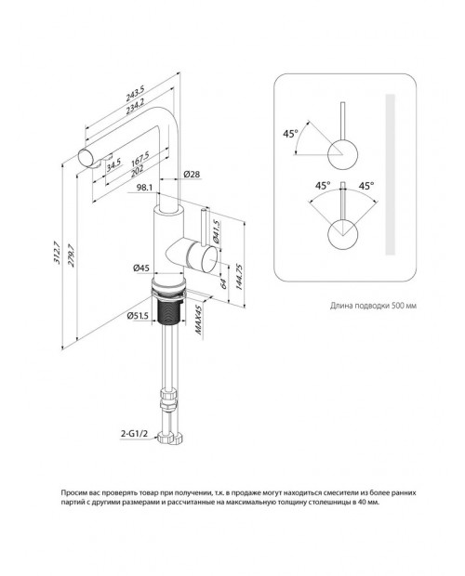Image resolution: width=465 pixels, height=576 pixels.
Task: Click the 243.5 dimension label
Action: (136, 93)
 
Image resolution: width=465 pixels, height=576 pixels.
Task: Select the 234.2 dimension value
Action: (135, 106)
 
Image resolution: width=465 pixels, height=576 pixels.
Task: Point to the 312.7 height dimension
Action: (57, 253)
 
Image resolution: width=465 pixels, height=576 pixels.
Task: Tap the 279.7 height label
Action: (71, 255)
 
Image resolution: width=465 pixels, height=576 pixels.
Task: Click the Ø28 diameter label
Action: (192, 174)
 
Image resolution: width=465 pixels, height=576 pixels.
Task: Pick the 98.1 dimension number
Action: (144, 188)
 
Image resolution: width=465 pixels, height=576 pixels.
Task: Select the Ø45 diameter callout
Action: (141, 268)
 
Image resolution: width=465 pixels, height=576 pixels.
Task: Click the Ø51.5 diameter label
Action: (138, 316)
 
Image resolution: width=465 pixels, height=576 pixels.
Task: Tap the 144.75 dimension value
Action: (239, 277)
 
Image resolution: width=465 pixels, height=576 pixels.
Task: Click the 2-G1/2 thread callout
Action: (134, 434)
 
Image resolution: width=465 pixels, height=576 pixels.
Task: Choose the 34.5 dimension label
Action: (114, 165)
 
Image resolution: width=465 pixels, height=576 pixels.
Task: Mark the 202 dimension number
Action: (137, 170)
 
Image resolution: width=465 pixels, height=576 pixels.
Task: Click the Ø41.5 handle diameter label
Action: (216, 232)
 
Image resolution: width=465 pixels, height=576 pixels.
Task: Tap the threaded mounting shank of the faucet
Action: (169, 311)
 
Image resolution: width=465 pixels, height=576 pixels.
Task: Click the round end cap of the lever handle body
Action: (208, 260)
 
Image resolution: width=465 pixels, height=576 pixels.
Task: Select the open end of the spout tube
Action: (87, 159)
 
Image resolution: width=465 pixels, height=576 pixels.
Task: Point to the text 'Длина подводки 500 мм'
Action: (373, 306)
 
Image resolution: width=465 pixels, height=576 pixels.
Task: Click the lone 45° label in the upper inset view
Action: (290, 134)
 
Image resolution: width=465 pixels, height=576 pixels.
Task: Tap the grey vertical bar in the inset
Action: (390, 175)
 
